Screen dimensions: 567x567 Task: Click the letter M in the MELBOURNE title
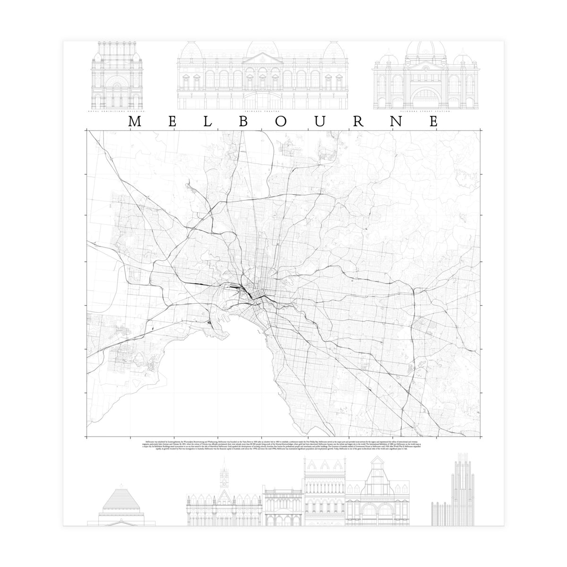point(134,121)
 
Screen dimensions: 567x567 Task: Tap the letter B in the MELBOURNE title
point(245,121)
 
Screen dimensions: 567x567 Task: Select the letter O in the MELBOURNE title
point(281,121)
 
